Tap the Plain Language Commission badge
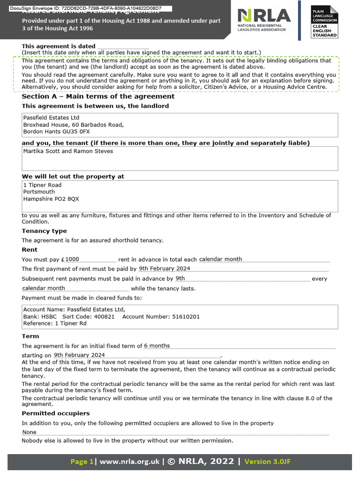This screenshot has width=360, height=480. coord(325,22)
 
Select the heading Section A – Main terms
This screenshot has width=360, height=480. coord(98,96)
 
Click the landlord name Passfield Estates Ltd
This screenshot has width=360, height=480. coord(51,118)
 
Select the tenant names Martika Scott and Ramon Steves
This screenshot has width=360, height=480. coord(68,151)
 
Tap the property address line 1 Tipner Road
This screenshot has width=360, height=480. coord(42,185)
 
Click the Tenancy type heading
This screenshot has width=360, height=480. coord(44,231)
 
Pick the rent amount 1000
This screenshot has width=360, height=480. coord(72,259)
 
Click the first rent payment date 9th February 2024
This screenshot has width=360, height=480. coord(165,269)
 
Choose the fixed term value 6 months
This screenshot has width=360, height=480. coord(157,346)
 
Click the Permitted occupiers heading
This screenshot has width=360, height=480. coord(56,413)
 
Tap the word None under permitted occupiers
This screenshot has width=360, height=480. coord(30,432)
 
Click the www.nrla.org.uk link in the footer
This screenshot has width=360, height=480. coord(129,462)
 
